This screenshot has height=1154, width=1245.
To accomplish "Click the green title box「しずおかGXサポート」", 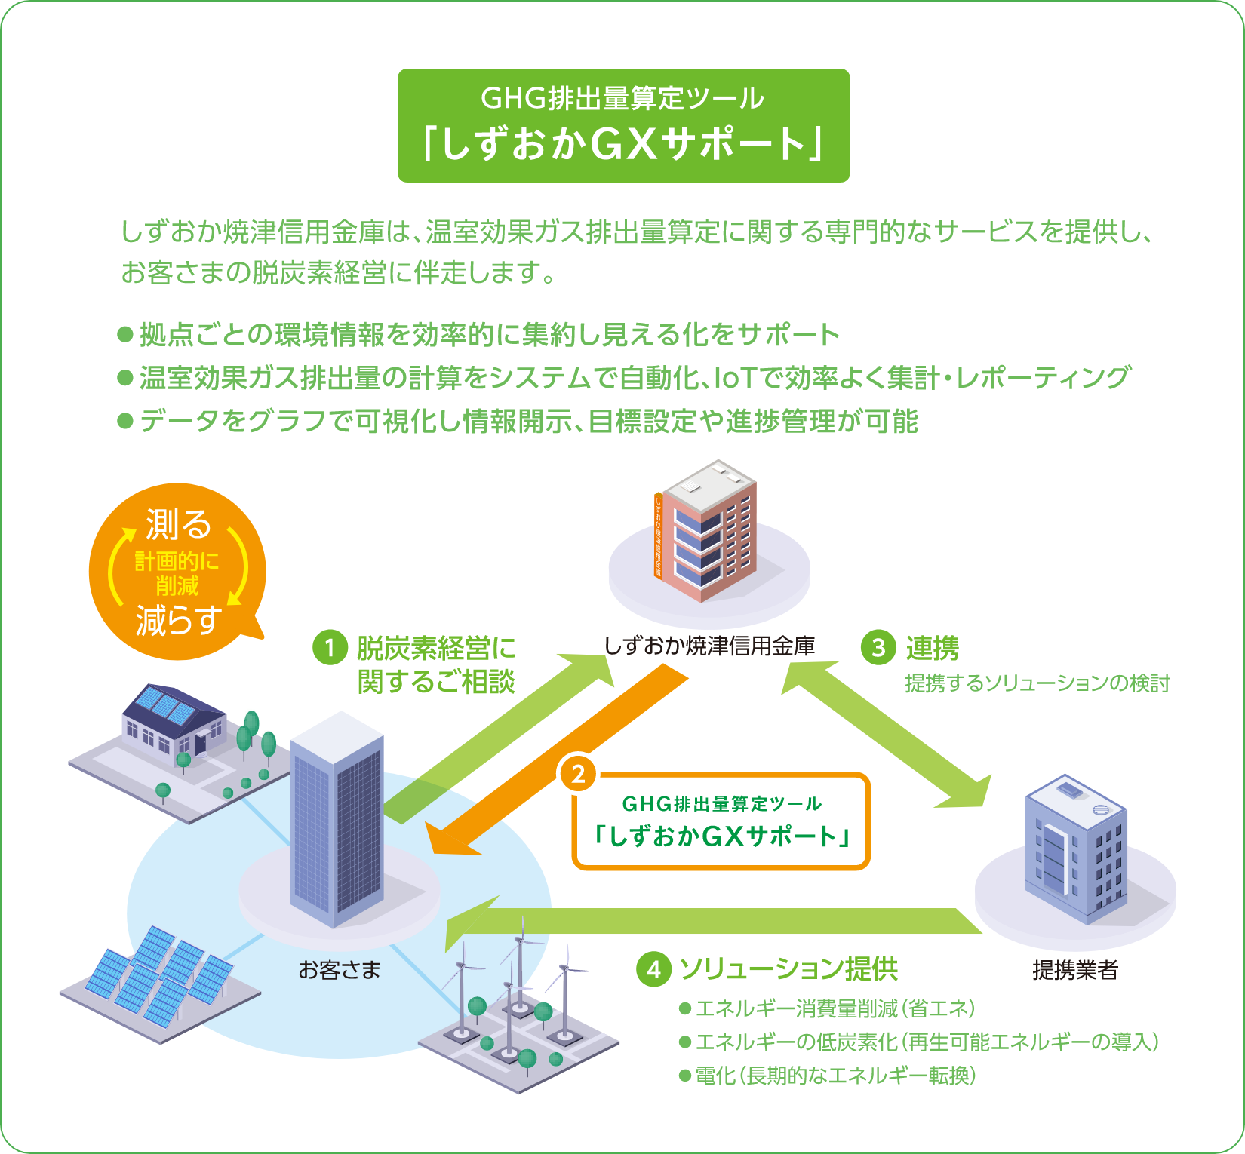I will tap(623, 125).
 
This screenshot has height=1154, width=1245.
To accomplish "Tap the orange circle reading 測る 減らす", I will tap(177, 571).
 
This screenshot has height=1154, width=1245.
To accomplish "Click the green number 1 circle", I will tap(330, 648).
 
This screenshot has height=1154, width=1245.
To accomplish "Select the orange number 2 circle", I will tap(578, 774).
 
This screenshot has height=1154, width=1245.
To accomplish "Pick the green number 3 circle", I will tap(878, 648).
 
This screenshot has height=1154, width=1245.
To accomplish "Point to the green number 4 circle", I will tap(653, 969).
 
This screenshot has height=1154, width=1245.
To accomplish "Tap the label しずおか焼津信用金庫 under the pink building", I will tap(709, 646).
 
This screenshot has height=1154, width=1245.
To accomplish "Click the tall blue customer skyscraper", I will tap(337, 818).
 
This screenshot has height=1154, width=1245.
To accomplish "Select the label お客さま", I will tap(340, 970).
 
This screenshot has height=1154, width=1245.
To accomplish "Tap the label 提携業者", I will tap(1075, 970).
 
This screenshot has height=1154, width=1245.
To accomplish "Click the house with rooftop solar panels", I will tap(174, 720).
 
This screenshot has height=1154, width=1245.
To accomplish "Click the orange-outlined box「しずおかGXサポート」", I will tap(722, 822).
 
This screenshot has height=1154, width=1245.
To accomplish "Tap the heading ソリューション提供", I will tap(788, 969).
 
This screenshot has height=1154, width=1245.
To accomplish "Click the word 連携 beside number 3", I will tap(933, 648).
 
